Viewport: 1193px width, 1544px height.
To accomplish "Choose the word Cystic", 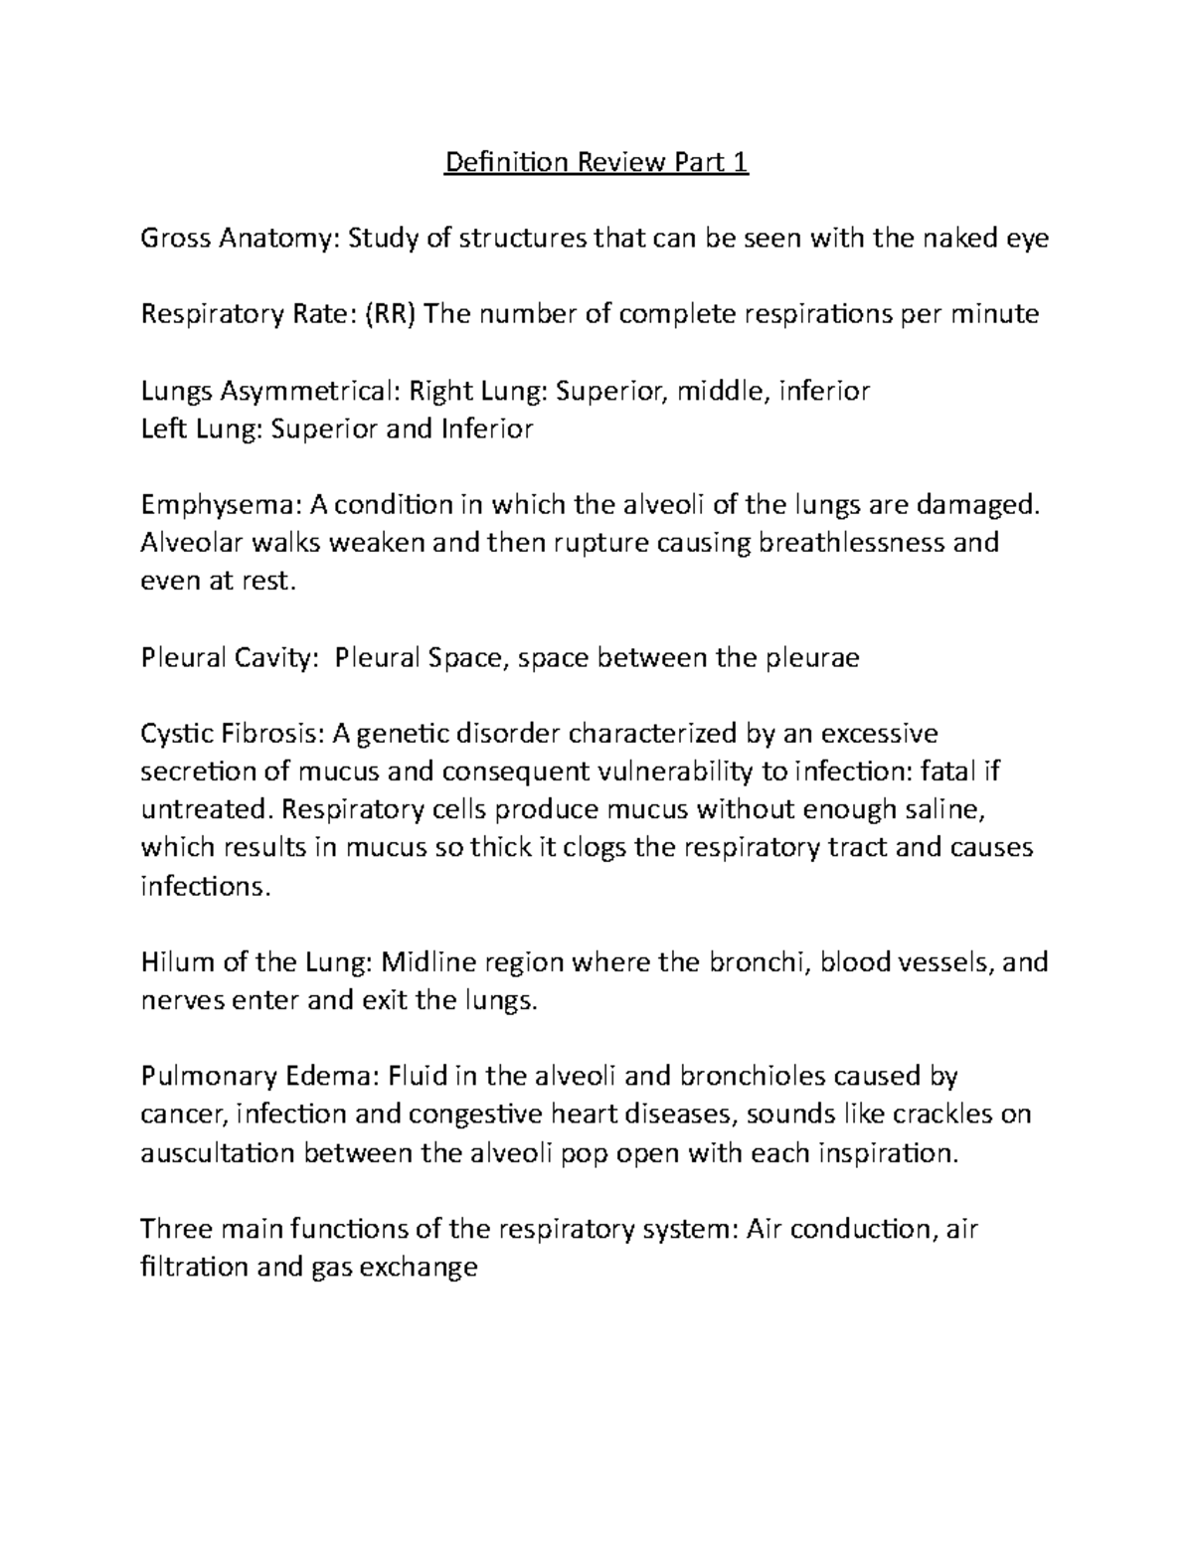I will (175, 735).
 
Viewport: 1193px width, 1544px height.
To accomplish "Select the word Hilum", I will (173, 962).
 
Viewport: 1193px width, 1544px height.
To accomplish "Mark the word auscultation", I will (217, 1153).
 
